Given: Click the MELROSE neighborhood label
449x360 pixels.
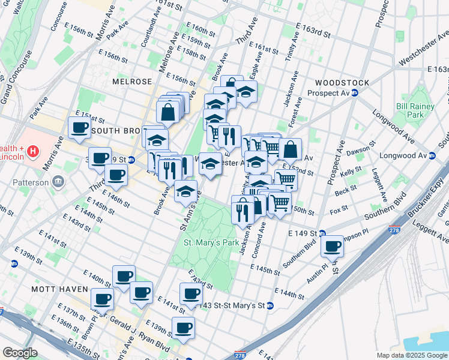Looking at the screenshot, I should pyautogui.click(x=132, y=81).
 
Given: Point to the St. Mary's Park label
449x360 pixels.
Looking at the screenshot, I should pyautogui.click(x=205, y=243).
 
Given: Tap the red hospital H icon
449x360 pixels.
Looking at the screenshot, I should pyautogui.click(x=34, y=152).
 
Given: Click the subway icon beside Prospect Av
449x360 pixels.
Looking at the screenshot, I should pyautogui.click(x=355, y=93).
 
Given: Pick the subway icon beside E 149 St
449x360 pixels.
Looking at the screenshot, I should pyautogui.click(x=322, y=233).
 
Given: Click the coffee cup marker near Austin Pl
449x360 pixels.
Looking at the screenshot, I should pyautogui.click(x=332, y=245).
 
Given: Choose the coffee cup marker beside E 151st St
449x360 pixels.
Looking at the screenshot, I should pyautogui.click(x=79, y=127).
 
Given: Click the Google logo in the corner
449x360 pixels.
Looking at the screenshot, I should pyautogui.click(x=19, y=353).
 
